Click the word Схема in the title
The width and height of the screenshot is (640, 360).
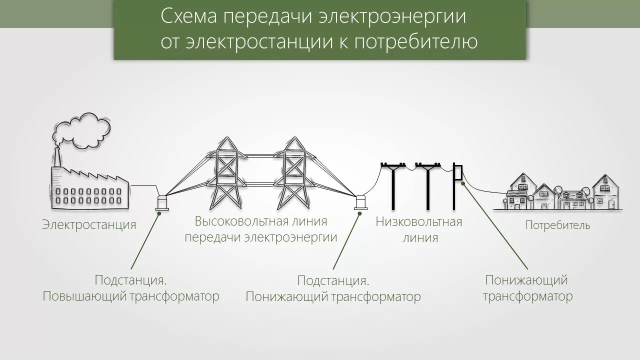[x=188, y=16]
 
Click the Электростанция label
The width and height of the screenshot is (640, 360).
[x=89, y=225]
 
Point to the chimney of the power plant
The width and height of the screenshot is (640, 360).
[x=56, y=158]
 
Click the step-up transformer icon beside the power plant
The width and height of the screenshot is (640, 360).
[x=162, y=201]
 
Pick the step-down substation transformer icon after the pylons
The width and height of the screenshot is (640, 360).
[x=361, y=202]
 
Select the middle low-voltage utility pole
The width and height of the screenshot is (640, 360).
[x=427, y=185]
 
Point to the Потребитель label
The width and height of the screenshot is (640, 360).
[x=557, y=225]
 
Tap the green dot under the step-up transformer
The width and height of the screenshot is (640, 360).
[x=159, y=213]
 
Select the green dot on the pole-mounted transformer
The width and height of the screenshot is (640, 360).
[x=463, y=183]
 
